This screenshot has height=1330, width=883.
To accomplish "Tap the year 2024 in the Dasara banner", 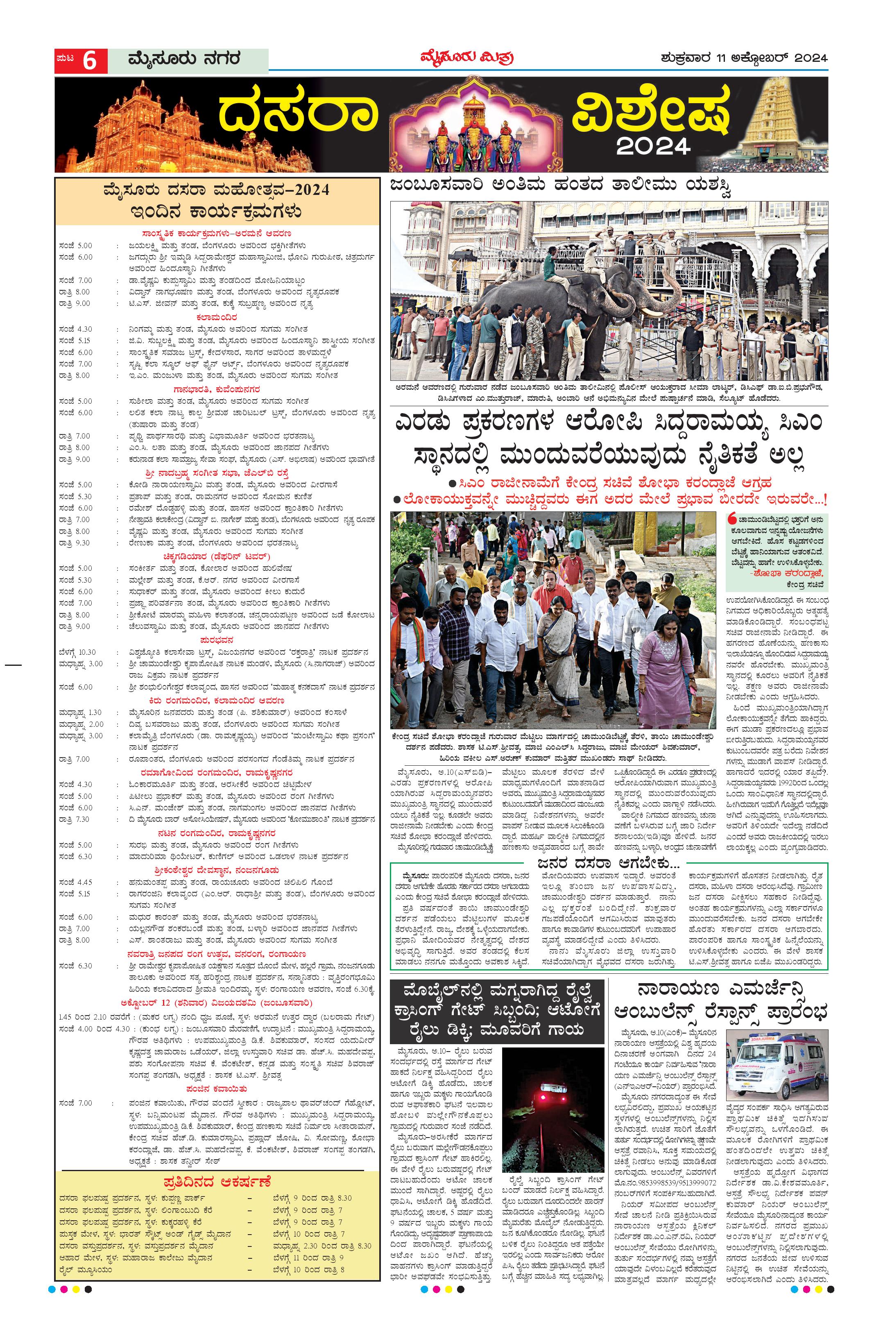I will coord(653,146).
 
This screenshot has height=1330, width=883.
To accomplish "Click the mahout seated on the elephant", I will coord(554,271).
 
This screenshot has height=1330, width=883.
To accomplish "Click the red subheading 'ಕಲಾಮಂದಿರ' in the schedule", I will coord(217,317).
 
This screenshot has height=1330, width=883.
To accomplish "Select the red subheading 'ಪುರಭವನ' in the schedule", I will coord(217,640).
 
